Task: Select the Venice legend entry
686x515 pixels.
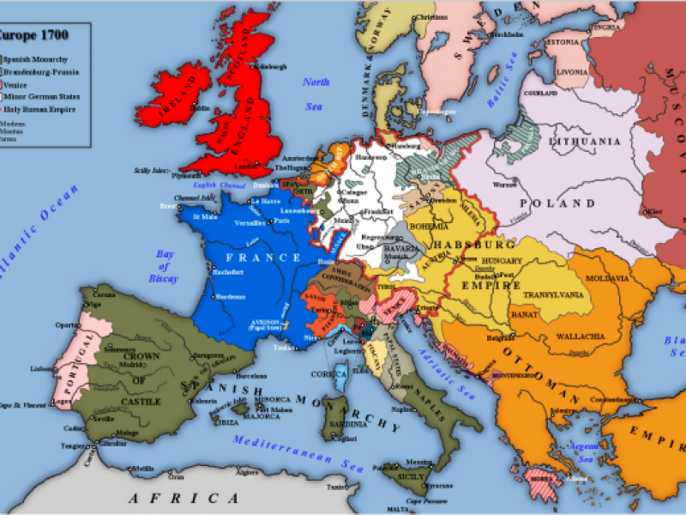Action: (20, 86)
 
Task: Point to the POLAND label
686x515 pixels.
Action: (558, 204)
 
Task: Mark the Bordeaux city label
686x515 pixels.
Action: (225, 297)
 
